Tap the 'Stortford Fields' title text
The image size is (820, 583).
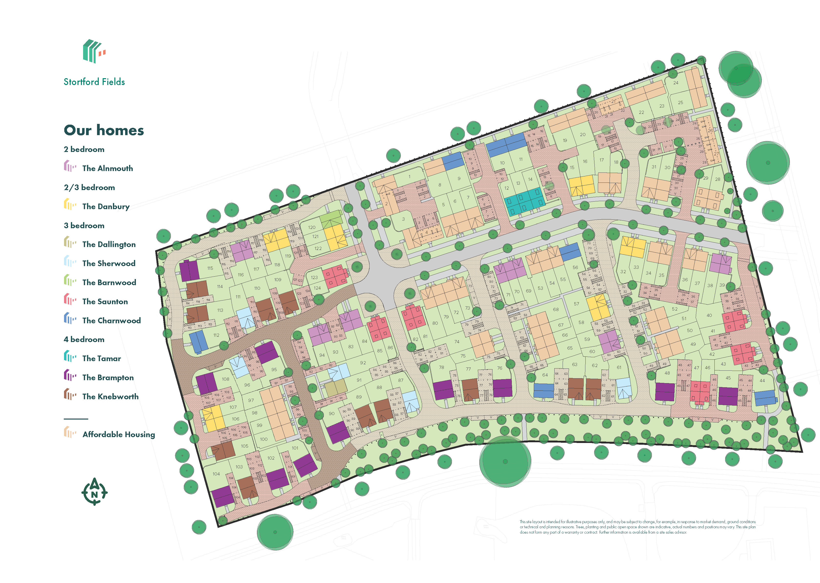click(94, 82)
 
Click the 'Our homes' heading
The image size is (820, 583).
click(104, 130)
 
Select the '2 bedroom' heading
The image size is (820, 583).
click(84, 149)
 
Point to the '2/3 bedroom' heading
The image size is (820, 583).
click(89, 187)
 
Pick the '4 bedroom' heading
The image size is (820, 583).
click(84, 339)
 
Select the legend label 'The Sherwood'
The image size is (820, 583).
click(109, 263)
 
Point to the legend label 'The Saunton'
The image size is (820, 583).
click(105, 302)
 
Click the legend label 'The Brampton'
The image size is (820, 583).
click(108, 378)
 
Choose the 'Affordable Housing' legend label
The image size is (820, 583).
click(119, 435)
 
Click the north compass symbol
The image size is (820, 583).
click(94, 492)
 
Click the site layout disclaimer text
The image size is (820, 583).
click(637, 527)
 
